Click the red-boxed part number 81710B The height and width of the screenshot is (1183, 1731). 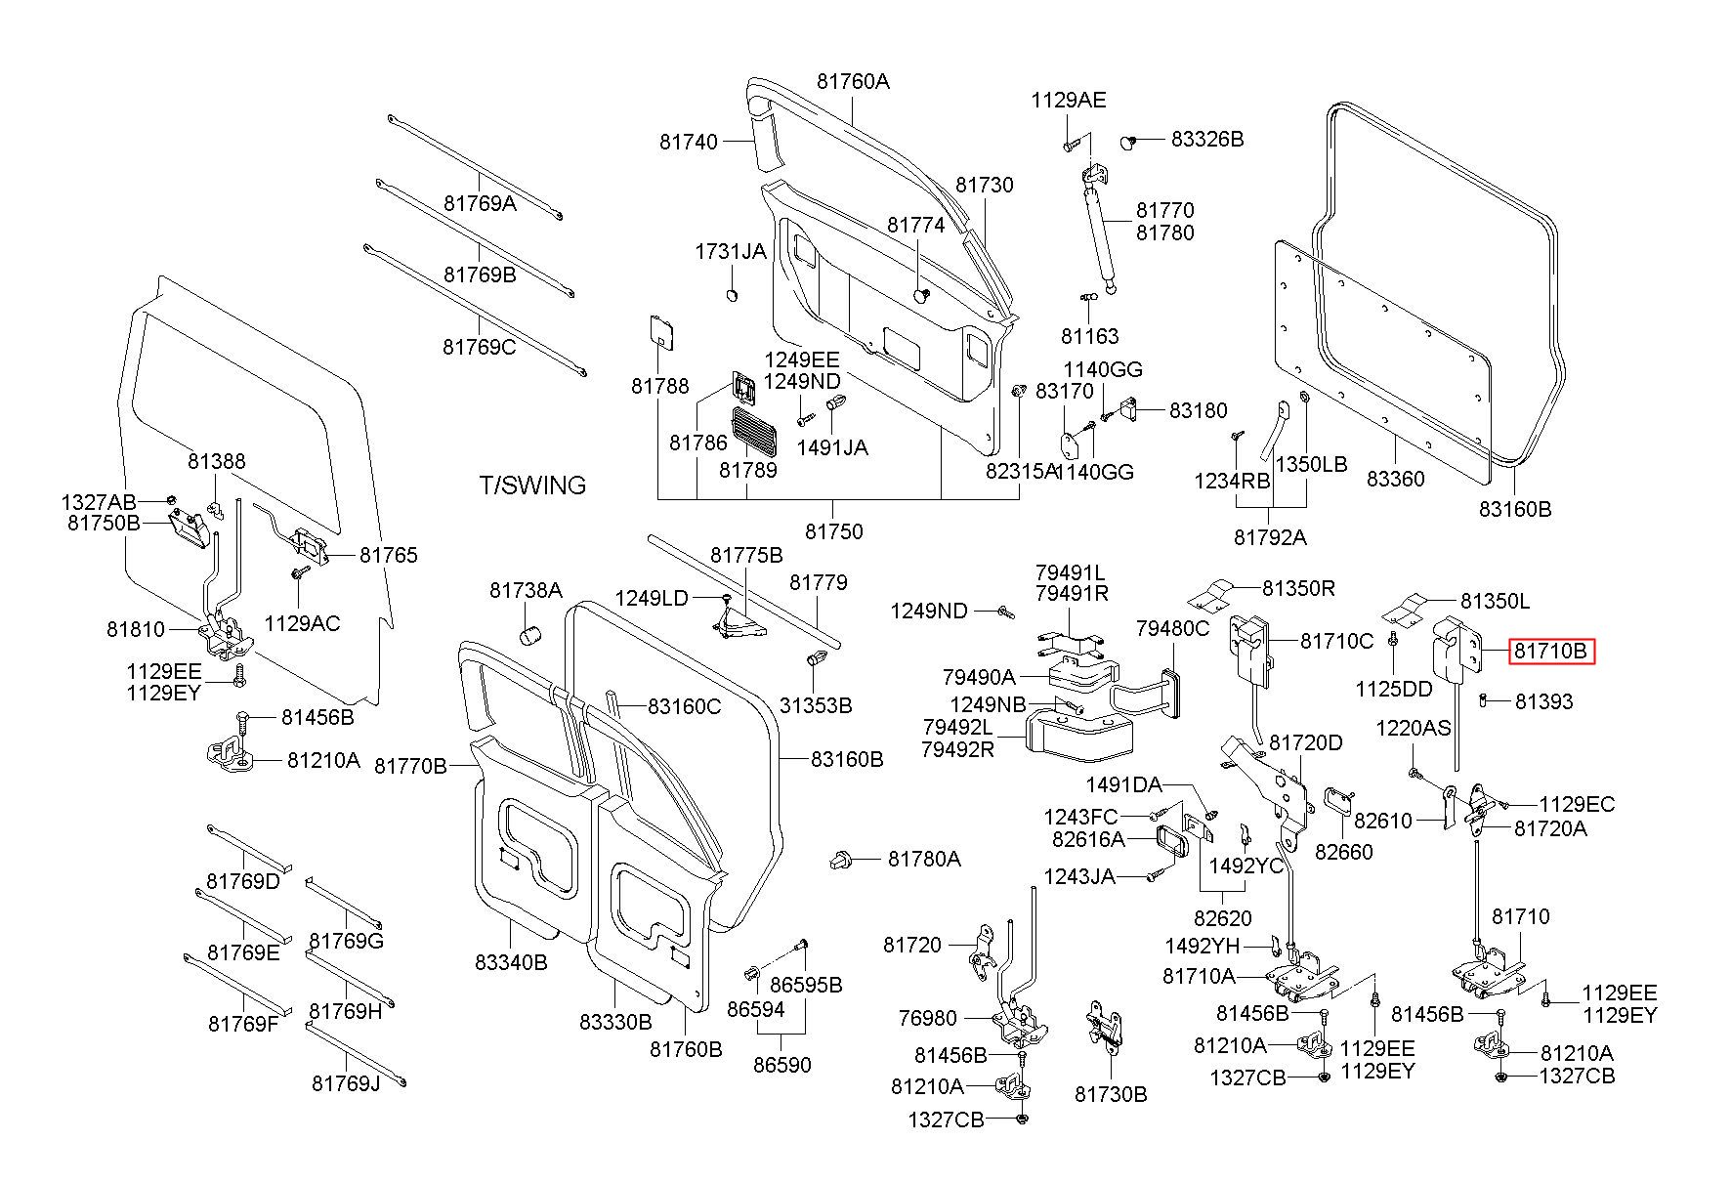tap(1551, 651)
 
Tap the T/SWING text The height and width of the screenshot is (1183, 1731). tap(532, 486)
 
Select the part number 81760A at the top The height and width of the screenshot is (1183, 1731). tap(853, 82)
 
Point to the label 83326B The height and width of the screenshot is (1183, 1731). tap(1207, 140)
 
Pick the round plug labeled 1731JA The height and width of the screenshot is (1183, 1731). tap(734, 295)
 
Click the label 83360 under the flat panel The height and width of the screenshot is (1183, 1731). tap(1395, 479)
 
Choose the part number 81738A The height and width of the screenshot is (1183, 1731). tap(526, 590)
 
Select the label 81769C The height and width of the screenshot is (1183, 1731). tap(479, 347)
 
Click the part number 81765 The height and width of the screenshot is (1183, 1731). tap(388, 556)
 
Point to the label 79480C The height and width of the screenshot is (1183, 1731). tap(1172, 628)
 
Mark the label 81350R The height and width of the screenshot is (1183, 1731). tap(1298, 588)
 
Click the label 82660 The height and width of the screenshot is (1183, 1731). tap(1343, 852)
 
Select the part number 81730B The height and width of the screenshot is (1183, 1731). tap(1111, 1094)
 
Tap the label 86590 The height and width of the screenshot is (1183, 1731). tap(781, 1065)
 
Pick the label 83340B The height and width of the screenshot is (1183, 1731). tap(511, 962)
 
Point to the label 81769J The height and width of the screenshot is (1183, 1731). tap(346, 1084)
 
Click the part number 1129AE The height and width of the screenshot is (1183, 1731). tap(1069, 101)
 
